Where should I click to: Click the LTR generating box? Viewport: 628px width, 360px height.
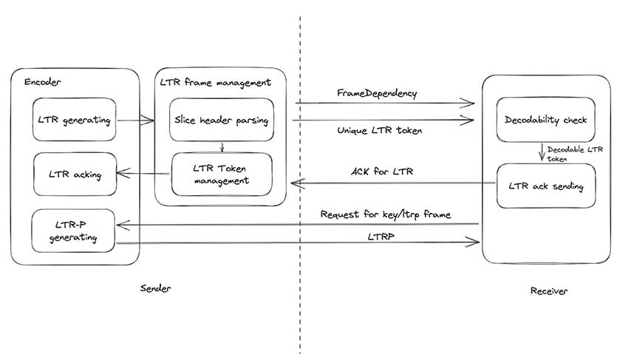click(x=74, y=119)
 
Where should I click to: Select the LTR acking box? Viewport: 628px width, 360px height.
click(x=74, y=175)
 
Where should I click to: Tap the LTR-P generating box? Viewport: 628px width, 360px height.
click(x=74, y=231)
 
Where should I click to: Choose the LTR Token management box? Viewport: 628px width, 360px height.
click(x=222, y=174)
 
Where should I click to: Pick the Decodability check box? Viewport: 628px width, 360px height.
click(x=545, y=120)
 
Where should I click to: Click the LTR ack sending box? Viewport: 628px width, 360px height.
click(x=545, y=186)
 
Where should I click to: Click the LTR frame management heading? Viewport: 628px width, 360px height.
click(x=215, y=81)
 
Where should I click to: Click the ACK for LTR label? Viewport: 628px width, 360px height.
click(x=381, y=172)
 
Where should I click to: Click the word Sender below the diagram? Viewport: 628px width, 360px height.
click(x=155, y=288)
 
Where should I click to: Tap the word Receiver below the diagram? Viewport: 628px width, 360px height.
click(x=549, y=291)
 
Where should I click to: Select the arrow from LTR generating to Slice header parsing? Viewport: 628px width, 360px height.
click(x=135, y=119)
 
